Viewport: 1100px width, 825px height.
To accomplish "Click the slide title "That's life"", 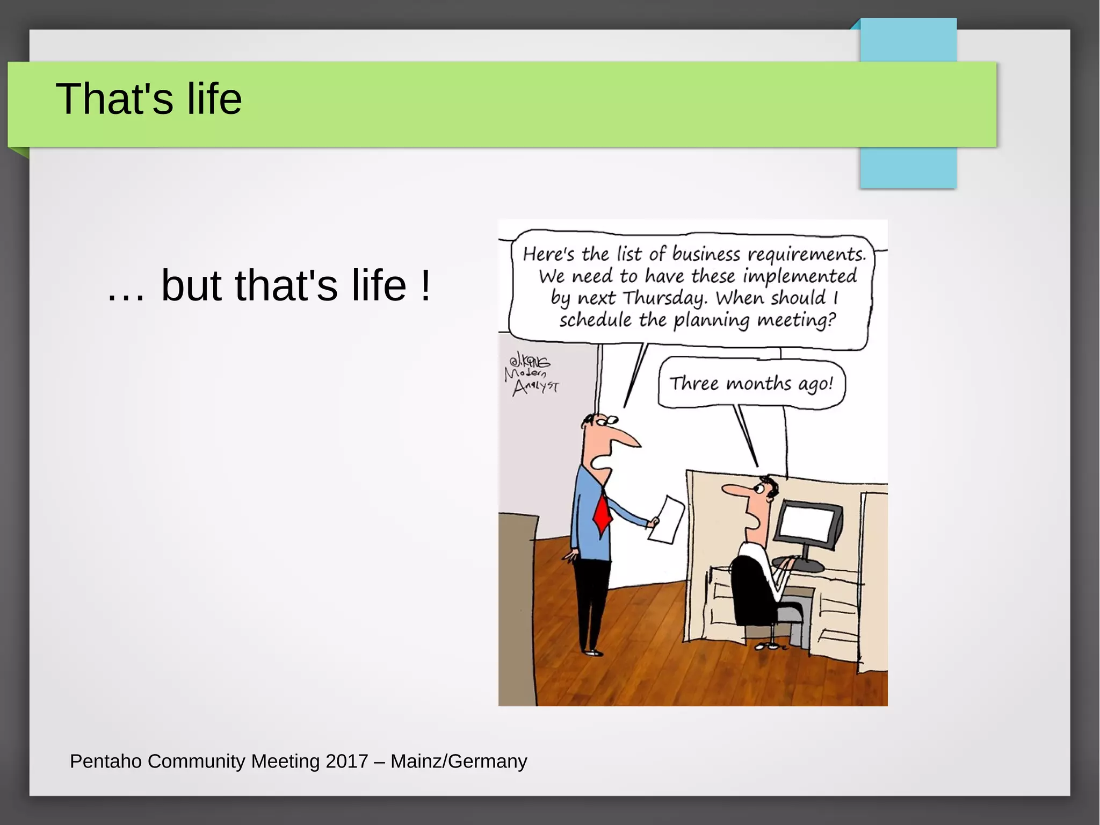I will pyautogui.click(x=149, y=99).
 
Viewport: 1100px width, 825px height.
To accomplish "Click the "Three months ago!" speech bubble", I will pyautogui.click(x=751, y=384).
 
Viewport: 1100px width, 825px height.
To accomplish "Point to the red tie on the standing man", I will pyautogui.click(x=603, y=514).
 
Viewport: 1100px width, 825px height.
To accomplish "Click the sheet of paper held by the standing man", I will pyautogui.click(x=667, y=519).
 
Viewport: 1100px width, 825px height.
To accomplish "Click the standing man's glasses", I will pyautogui.click(x=604, y=420).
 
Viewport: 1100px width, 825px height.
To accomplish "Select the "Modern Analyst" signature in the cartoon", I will pyautogui.click(x=531, y=374).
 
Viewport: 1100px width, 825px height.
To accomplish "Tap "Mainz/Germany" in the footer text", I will pyautogui.click(x=459, y=761).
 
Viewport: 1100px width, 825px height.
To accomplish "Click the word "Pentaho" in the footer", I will pyautogui.click(x=106, y=761).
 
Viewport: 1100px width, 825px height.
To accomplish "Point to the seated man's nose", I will pyautogui.click(x=732, y=490).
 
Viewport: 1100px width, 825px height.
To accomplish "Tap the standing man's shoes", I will pyautogui.click(x=592, y=652).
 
